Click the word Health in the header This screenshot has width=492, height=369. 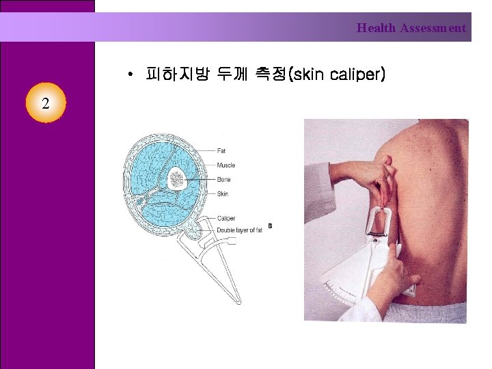tap(376, 28)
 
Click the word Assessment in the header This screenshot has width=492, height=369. tap(433, 28)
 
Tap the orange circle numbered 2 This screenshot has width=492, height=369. tap(45, 103)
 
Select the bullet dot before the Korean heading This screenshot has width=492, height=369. tap(129, 72)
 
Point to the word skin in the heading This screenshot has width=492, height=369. tap(308, 72)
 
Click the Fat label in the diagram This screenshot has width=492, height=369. tap(221, 150)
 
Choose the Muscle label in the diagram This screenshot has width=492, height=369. tap(225, 165)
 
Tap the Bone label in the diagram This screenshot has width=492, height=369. tap(223, 180)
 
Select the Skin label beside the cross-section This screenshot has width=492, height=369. tap(222, 194)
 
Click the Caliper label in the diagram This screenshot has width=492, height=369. tap(225, 218)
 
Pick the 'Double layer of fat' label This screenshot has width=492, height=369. tap(239, 230)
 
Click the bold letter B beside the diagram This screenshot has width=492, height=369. tap(270, 226)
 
